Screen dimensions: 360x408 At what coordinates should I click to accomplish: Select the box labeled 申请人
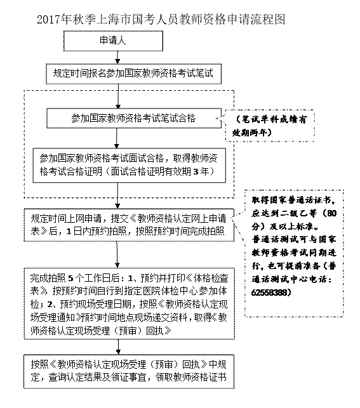click(x=113, y=41)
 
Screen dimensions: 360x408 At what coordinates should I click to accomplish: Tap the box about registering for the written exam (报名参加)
click(x=133, y=74)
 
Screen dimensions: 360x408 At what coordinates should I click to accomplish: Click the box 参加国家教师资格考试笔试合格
click(x=134, y=118)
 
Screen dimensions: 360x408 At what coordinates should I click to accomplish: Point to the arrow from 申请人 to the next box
click(x=117, y=57)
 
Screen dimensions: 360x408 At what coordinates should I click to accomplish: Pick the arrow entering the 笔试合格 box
click(x=118, y=96)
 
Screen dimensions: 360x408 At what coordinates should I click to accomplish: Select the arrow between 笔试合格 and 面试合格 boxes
click(x=117, y=138)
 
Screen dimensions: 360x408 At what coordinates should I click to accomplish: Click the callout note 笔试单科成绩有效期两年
click(x=270, y=126)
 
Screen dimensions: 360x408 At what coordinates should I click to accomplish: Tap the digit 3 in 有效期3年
click(x=196, y=172)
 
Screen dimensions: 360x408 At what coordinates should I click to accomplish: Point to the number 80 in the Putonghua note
click(x=331, y=213)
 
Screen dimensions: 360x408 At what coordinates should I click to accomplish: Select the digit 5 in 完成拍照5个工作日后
click(x=70, y=279)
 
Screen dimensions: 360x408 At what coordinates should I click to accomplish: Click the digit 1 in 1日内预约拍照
click(x=69, y=231)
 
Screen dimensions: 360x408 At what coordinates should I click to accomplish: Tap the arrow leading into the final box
click(x=118, y=347)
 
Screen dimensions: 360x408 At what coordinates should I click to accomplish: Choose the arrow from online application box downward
click(x=117, y=254)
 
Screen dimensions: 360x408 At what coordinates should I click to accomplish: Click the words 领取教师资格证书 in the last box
click(x=191, y=377)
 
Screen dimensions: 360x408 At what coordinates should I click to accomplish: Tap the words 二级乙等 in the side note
click(x=299, y=213)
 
